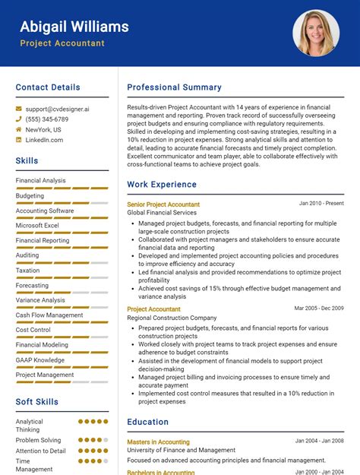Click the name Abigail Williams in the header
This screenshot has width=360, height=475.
(74, 27)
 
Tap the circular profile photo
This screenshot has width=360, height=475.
(315, 33)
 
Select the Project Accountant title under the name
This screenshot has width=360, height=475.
(62, 43)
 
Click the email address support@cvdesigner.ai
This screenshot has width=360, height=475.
(57, 109)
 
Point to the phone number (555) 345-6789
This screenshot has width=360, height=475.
(47, 119)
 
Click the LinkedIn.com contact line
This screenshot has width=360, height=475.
(44, 140)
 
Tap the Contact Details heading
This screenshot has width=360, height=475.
(48, 87)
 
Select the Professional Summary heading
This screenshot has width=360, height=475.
(174, 87)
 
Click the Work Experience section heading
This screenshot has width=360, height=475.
(162, 184)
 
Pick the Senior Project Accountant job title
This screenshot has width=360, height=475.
(163, 204)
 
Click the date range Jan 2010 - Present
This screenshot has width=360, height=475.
(321, 204)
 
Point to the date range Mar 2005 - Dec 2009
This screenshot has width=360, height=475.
(319, 309)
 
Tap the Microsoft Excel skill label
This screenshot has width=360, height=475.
(37, 226)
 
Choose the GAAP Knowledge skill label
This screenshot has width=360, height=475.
(39, 359)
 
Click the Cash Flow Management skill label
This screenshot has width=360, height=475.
(49, 315)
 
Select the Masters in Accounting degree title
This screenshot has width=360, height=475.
(158, 442)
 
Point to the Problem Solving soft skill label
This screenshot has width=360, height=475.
(38, 440)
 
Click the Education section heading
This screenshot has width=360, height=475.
(147, 422)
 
